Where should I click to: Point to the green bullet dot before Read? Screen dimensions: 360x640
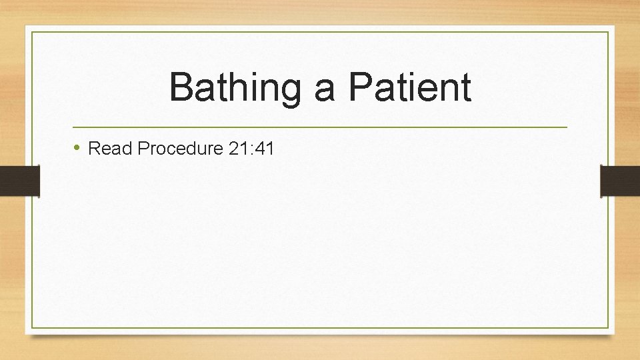pos(77,147)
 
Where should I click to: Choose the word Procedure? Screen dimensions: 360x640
pos(180,148)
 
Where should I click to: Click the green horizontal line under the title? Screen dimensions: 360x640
pos(320,127)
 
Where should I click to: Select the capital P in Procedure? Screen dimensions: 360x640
pos(142,148)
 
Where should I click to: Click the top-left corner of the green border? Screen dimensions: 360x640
pos(32,32)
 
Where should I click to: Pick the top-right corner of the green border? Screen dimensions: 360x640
pos(608,32)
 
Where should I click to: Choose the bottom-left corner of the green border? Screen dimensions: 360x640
pos(32,327)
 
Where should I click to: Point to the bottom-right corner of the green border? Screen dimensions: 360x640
pos(608,327)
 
